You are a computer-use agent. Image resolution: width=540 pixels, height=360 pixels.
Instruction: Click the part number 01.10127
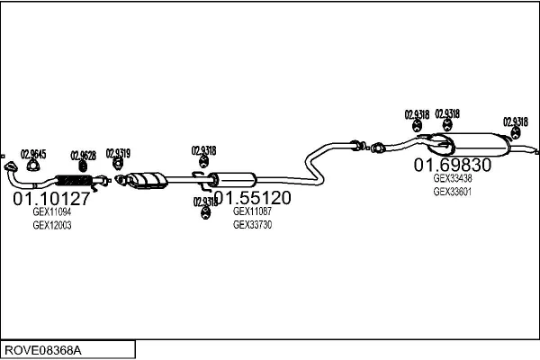(50, 198)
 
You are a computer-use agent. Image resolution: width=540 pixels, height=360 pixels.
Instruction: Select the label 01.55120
(252, 198)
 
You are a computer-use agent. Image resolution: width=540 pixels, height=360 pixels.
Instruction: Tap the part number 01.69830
(453, 166)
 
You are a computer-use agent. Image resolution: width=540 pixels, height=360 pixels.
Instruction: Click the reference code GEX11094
(52, 212)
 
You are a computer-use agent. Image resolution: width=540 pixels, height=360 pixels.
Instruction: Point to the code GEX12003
(52, 225)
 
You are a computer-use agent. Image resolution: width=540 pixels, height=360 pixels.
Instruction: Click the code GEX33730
(253, 225)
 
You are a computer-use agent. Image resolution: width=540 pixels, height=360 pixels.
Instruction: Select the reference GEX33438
(453, 178)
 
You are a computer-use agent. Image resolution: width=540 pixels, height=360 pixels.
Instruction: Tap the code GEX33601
(453, 191)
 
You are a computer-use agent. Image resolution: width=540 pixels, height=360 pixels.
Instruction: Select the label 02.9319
(118, 153)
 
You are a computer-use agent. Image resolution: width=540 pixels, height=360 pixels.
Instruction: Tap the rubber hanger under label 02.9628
(83, 165)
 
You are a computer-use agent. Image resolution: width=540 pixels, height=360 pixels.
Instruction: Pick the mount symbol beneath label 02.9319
(118, 165)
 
